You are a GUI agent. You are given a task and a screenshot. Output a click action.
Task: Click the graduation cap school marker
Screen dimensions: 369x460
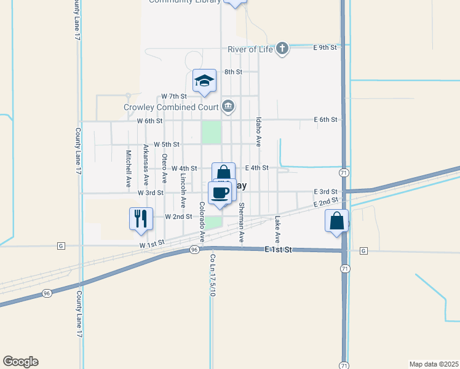coord(204,81)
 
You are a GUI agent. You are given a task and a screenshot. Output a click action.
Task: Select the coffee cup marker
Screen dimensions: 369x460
coord(220,193)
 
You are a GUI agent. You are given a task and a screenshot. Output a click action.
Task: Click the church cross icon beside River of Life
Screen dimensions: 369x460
coord(282,48)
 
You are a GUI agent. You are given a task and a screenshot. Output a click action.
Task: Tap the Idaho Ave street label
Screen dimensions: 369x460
coord(259,131)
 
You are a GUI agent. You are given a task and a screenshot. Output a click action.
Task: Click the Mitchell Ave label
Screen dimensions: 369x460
coord(129,169)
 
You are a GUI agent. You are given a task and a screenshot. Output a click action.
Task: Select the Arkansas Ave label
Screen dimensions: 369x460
coord(146,165)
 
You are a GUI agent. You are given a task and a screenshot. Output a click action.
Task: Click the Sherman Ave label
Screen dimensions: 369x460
coord(242,221)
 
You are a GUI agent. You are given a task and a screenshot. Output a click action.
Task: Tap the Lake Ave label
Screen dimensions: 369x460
coord(277,228)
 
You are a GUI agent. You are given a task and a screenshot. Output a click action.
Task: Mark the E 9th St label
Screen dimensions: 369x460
coord(325,47)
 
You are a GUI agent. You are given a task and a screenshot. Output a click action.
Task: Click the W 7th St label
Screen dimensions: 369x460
coord(173,97)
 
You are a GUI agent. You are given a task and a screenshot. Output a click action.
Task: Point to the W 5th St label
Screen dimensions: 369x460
coord(166,145)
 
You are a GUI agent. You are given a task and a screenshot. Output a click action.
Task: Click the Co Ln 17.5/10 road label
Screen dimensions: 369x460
coord(212,275)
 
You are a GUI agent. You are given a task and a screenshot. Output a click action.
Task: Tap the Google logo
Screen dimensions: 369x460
coord(20,362)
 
